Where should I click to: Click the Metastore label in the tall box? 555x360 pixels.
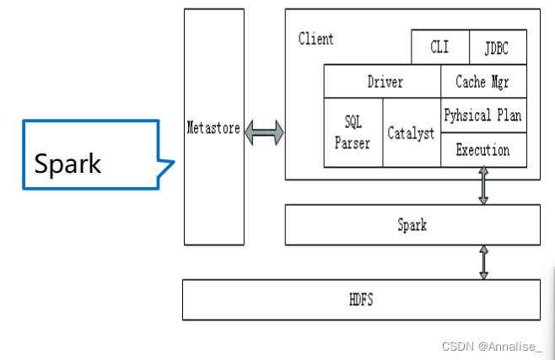(x=213, y=128)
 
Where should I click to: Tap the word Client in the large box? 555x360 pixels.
(x=315, y=39)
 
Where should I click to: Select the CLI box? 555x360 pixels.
(x=439, y=47)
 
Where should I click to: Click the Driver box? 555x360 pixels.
(x=385, y=82)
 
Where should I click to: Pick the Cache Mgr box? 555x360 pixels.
(x=483, y=82)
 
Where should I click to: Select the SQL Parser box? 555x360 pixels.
(x=353, y=132)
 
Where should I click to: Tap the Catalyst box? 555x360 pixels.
(x=411, y=133)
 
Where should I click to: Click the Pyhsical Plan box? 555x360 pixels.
(x=483, y=116)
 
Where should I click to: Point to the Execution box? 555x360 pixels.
(x=483, y=150)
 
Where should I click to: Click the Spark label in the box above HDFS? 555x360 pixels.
(x=412, y=225)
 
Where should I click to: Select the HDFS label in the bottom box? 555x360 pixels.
(x=362, y=300)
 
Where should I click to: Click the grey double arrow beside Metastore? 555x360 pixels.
(x=264, y=132)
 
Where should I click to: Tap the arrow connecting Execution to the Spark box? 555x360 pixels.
(x=483, y=185)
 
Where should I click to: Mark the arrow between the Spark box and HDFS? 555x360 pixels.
(x=483, y=262)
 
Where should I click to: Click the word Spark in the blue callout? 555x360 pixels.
(x=67, y=163)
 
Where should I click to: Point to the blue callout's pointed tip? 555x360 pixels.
(x=174, y=161)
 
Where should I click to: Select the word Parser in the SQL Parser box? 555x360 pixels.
(x=352, y=142)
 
